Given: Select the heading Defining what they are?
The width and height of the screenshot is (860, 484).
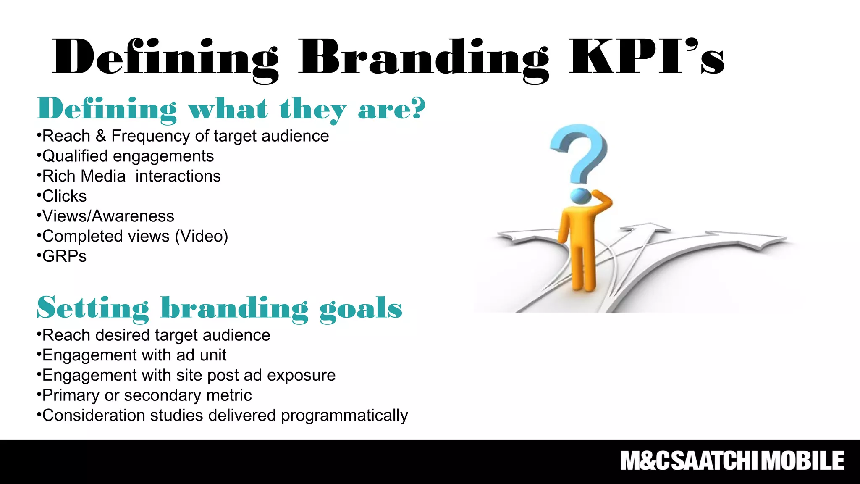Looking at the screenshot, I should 231,109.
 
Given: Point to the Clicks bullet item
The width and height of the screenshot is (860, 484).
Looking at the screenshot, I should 64,196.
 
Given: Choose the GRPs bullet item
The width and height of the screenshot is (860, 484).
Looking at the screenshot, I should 64,256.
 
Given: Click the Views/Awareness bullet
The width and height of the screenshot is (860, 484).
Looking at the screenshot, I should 107,216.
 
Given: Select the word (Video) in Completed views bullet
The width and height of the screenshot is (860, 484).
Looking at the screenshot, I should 201,236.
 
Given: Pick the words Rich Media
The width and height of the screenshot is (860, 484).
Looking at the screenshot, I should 84,176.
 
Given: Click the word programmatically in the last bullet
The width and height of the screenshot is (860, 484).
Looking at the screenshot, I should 344,416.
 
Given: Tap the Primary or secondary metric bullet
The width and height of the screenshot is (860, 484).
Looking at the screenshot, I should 147,395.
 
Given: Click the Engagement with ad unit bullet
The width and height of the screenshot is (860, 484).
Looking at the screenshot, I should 134,355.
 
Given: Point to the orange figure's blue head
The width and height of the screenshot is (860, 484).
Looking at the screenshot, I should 580,196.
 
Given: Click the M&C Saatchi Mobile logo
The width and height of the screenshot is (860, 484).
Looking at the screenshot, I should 732,461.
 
